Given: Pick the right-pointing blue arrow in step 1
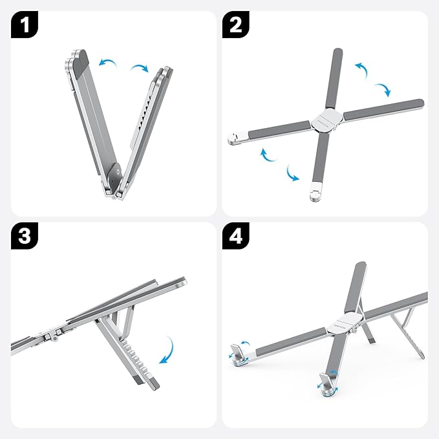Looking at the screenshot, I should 139,68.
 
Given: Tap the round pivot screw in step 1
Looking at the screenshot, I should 115,171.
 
